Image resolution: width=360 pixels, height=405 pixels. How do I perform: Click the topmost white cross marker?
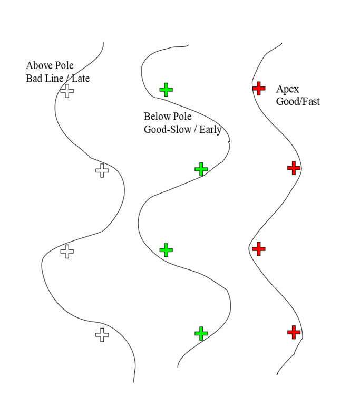coord(67,91)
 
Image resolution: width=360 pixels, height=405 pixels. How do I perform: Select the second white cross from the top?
coord(102,170)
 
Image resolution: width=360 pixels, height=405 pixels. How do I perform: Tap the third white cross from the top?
coord(67,252)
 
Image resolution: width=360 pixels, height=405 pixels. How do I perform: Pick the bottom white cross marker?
coord(102,335)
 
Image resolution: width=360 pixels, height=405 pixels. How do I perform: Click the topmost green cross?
coord(166,90)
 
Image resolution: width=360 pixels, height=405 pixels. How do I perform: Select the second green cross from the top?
coord(201,169)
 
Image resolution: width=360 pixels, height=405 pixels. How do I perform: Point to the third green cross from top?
coord(166,250)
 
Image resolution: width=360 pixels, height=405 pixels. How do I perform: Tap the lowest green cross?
coord(201,333)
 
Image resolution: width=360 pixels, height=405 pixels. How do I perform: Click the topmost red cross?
coord(259,89)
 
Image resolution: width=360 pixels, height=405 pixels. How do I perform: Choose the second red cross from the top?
coord(294,168)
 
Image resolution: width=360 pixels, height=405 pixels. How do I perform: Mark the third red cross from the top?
coord(259,249)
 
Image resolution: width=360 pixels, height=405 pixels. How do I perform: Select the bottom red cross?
coord(294,332)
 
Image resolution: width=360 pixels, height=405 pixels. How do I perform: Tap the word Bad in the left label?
coord(34,78)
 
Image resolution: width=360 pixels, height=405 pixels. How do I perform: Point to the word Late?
coord(81,78)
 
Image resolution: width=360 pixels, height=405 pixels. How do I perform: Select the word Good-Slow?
coord(168,129)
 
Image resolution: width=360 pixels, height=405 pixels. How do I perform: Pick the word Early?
coord(210,130)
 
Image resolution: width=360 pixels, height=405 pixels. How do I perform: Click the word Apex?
coord(287,89)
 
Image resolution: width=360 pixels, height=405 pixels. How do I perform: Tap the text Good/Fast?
coord(298,101)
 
